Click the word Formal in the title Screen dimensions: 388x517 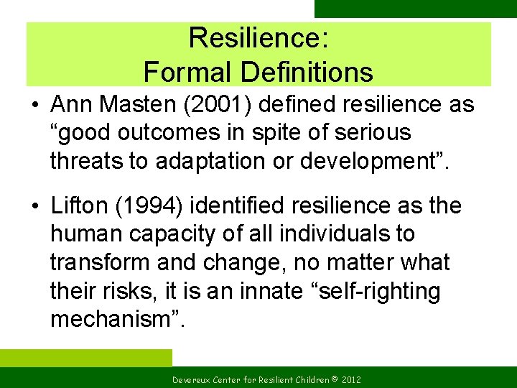(x=188, y=72)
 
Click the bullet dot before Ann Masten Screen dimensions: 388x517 (x=34, y=106)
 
